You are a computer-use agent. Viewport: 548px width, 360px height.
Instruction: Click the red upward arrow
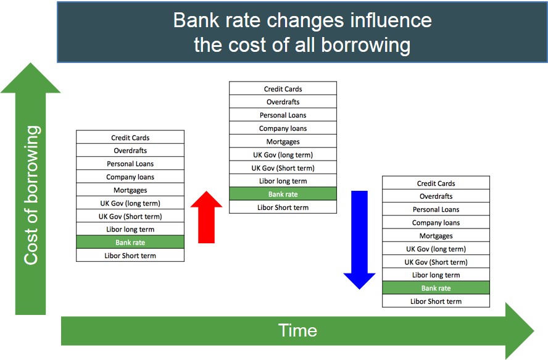[206, 217]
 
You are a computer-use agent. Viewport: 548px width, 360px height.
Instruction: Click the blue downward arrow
[359, 240]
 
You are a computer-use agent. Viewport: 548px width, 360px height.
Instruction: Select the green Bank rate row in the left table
[130, 242]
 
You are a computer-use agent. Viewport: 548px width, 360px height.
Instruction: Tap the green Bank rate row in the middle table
[283, 194]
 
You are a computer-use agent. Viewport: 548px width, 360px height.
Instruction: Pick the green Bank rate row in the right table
[436, 288]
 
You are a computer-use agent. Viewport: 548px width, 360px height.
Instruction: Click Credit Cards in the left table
[130, 138]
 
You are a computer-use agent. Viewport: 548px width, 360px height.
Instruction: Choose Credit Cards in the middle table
[283, 89]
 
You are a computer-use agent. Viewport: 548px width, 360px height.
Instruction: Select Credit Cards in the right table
[436, 183]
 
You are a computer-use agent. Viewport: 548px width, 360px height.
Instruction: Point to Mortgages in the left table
[130, 190]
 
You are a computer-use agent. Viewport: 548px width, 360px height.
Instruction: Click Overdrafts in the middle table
[283, 102]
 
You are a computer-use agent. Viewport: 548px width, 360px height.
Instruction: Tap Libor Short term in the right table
[436, 301]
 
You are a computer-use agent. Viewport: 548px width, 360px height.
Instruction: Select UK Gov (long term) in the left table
[130, 203]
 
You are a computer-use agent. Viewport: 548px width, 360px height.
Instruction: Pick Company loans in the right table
[436, 222]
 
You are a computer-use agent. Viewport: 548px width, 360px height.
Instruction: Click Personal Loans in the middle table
[283, 115]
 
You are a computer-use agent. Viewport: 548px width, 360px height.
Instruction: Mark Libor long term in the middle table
[283, 181]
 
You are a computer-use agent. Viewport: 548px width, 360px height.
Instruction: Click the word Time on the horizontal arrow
[297, 330]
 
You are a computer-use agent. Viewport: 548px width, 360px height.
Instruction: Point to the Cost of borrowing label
[31, 195]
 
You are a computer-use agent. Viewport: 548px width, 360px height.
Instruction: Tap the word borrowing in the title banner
[365, 46]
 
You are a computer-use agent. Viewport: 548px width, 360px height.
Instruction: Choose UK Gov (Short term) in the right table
[436, 262]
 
